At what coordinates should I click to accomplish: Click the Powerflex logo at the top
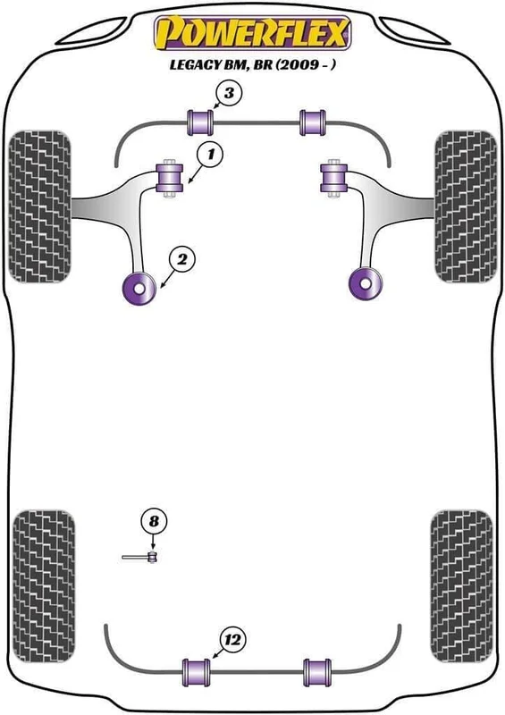253,33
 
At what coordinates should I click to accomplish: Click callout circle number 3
229,94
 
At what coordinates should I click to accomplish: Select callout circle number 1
210,155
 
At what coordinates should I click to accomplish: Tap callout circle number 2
182,260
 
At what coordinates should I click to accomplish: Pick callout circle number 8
154,521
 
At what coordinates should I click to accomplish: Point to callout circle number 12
232,640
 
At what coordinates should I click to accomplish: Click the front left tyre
40,206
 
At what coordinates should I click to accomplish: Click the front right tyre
466,206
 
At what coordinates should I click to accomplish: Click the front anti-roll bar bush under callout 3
200,122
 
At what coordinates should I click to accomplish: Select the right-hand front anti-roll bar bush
313,122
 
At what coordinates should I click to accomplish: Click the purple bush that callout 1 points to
169,178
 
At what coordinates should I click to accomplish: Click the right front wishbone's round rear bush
365,283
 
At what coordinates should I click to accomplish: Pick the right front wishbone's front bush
334,178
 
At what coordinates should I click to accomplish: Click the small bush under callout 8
153,557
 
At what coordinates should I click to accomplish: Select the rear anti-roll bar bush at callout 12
197,673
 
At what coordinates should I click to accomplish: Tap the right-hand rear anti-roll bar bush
317,673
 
